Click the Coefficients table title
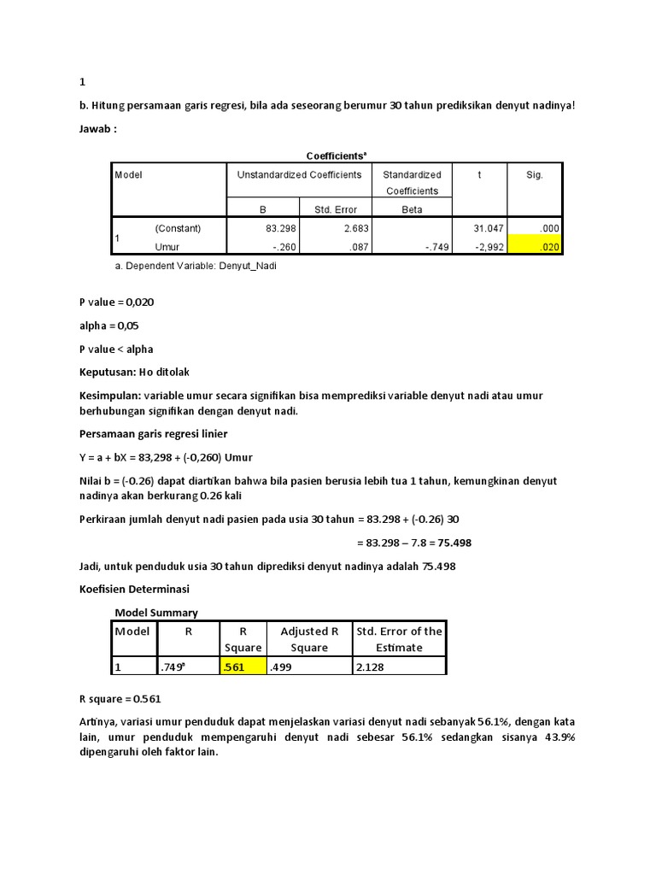pyautogui.click(x=337, y=156)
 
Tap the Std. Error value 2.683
pyautogui.click(x=343, y=228)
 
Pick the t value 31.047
pyautogui.click(x=489, y=228)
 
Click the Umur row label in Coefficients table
pyautogui.click(x=167, y=247)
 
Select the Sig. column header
pyautogui.click(x=535, y=174)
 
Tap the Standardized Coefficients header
pyautogui.click(x=412, y=182)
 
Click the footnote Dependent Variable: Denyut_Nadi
pyautogui.click(x=196, y=266)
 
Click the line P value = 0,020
pyautogui.click(x=117, y=302)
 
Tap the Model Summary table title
pyautogui.click(x=156, y=613)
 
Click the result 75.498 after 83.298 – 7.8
pyautogui.click(x=454, y=543)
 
